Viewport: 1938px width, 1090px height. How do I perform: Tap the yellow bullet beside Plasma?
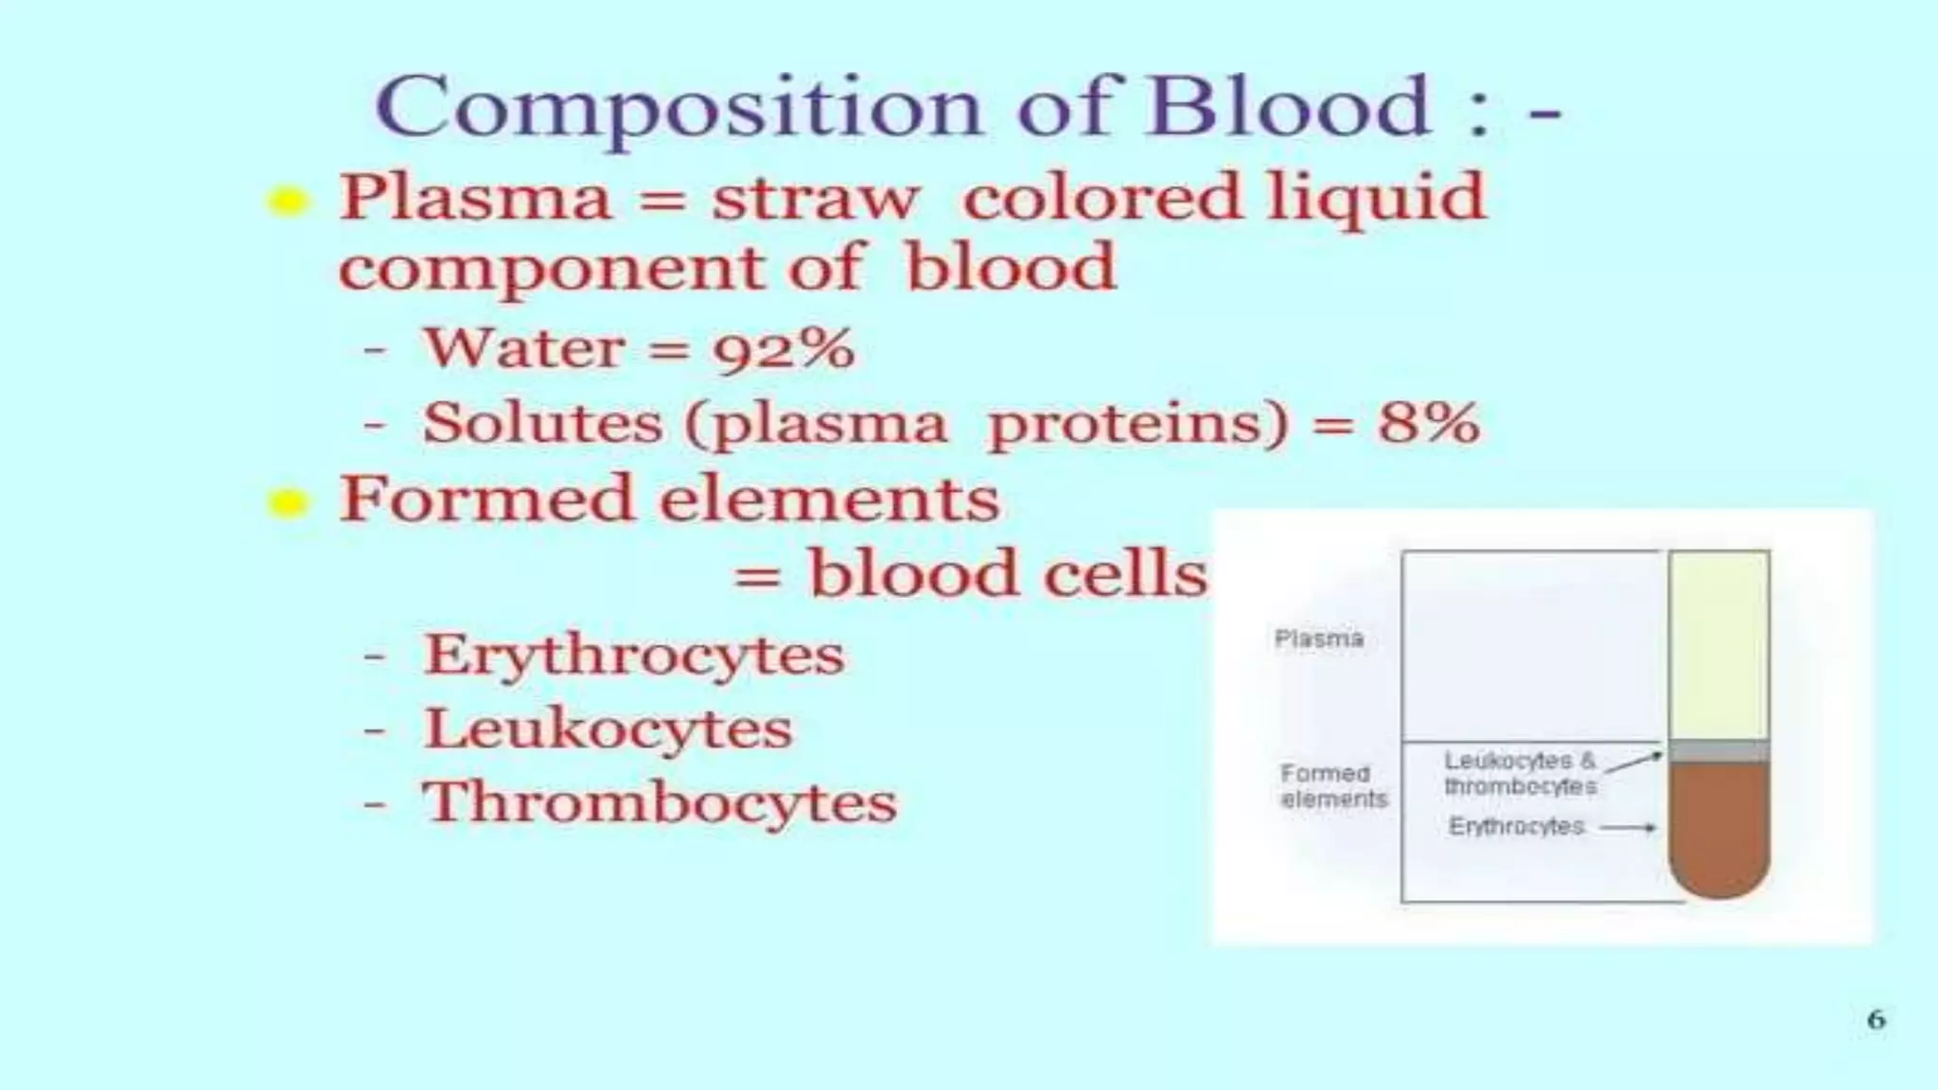point(288,201)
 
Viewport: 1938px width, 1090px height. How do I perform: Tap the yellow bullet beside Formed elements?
point(288,502)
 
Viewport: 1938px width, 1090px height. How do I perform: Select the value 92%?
point(784,349)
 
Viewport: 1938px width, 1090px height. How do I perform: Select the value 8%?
point(1428,423)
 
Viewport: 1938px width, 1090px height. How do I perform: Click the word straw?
point(815,199)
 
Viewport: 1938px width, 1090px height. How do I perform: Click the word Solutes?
point(542,423)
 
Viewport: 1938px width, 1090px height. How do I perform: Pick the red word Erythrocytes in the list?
point(633,656)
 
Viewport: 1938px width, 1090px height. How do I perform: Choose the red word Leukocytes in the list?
point(608,730)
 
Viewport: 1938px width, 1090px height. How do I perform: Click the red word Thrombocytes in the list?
point(659,803)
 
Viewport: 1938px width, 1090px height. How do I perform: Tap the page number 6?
point(1876,1019)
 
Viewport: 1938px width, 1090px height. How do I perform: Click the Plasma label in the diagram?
point(1319,639)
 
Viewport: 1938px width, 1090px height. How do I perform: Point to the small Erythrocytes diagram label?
point(1516,827)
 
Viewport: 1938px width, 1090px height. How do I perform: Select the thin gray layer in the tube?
point(1718,752)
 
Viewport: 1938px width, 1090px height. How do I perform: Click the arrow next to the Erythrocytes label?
point(1628,828)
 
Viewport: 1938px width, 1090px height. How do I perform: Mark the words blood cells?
point(1007,574)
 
